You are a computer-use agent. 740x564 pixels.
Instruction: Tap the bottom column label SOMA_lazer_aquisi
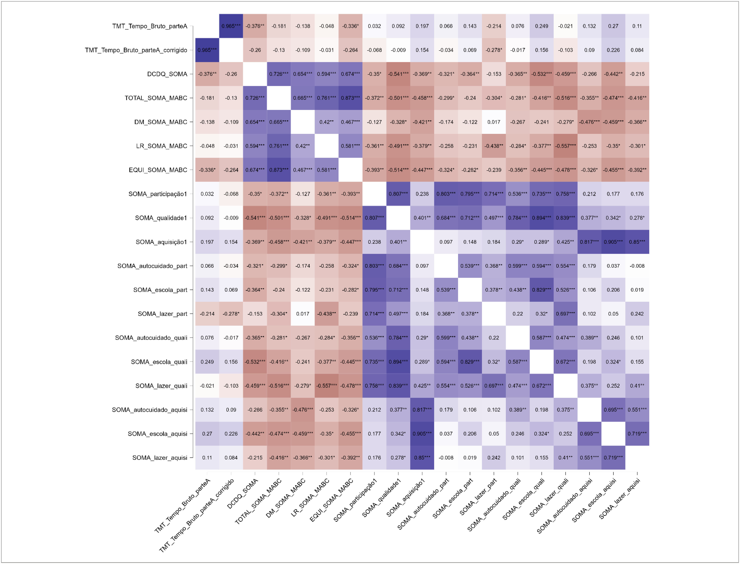pos(620,499)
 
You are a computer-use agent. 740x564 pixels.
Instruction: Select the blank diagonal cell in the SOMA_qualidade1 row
pos(398,218)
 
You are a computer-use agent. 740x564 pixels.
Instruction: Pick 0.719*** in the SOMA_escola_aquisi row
pos(637,434)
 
